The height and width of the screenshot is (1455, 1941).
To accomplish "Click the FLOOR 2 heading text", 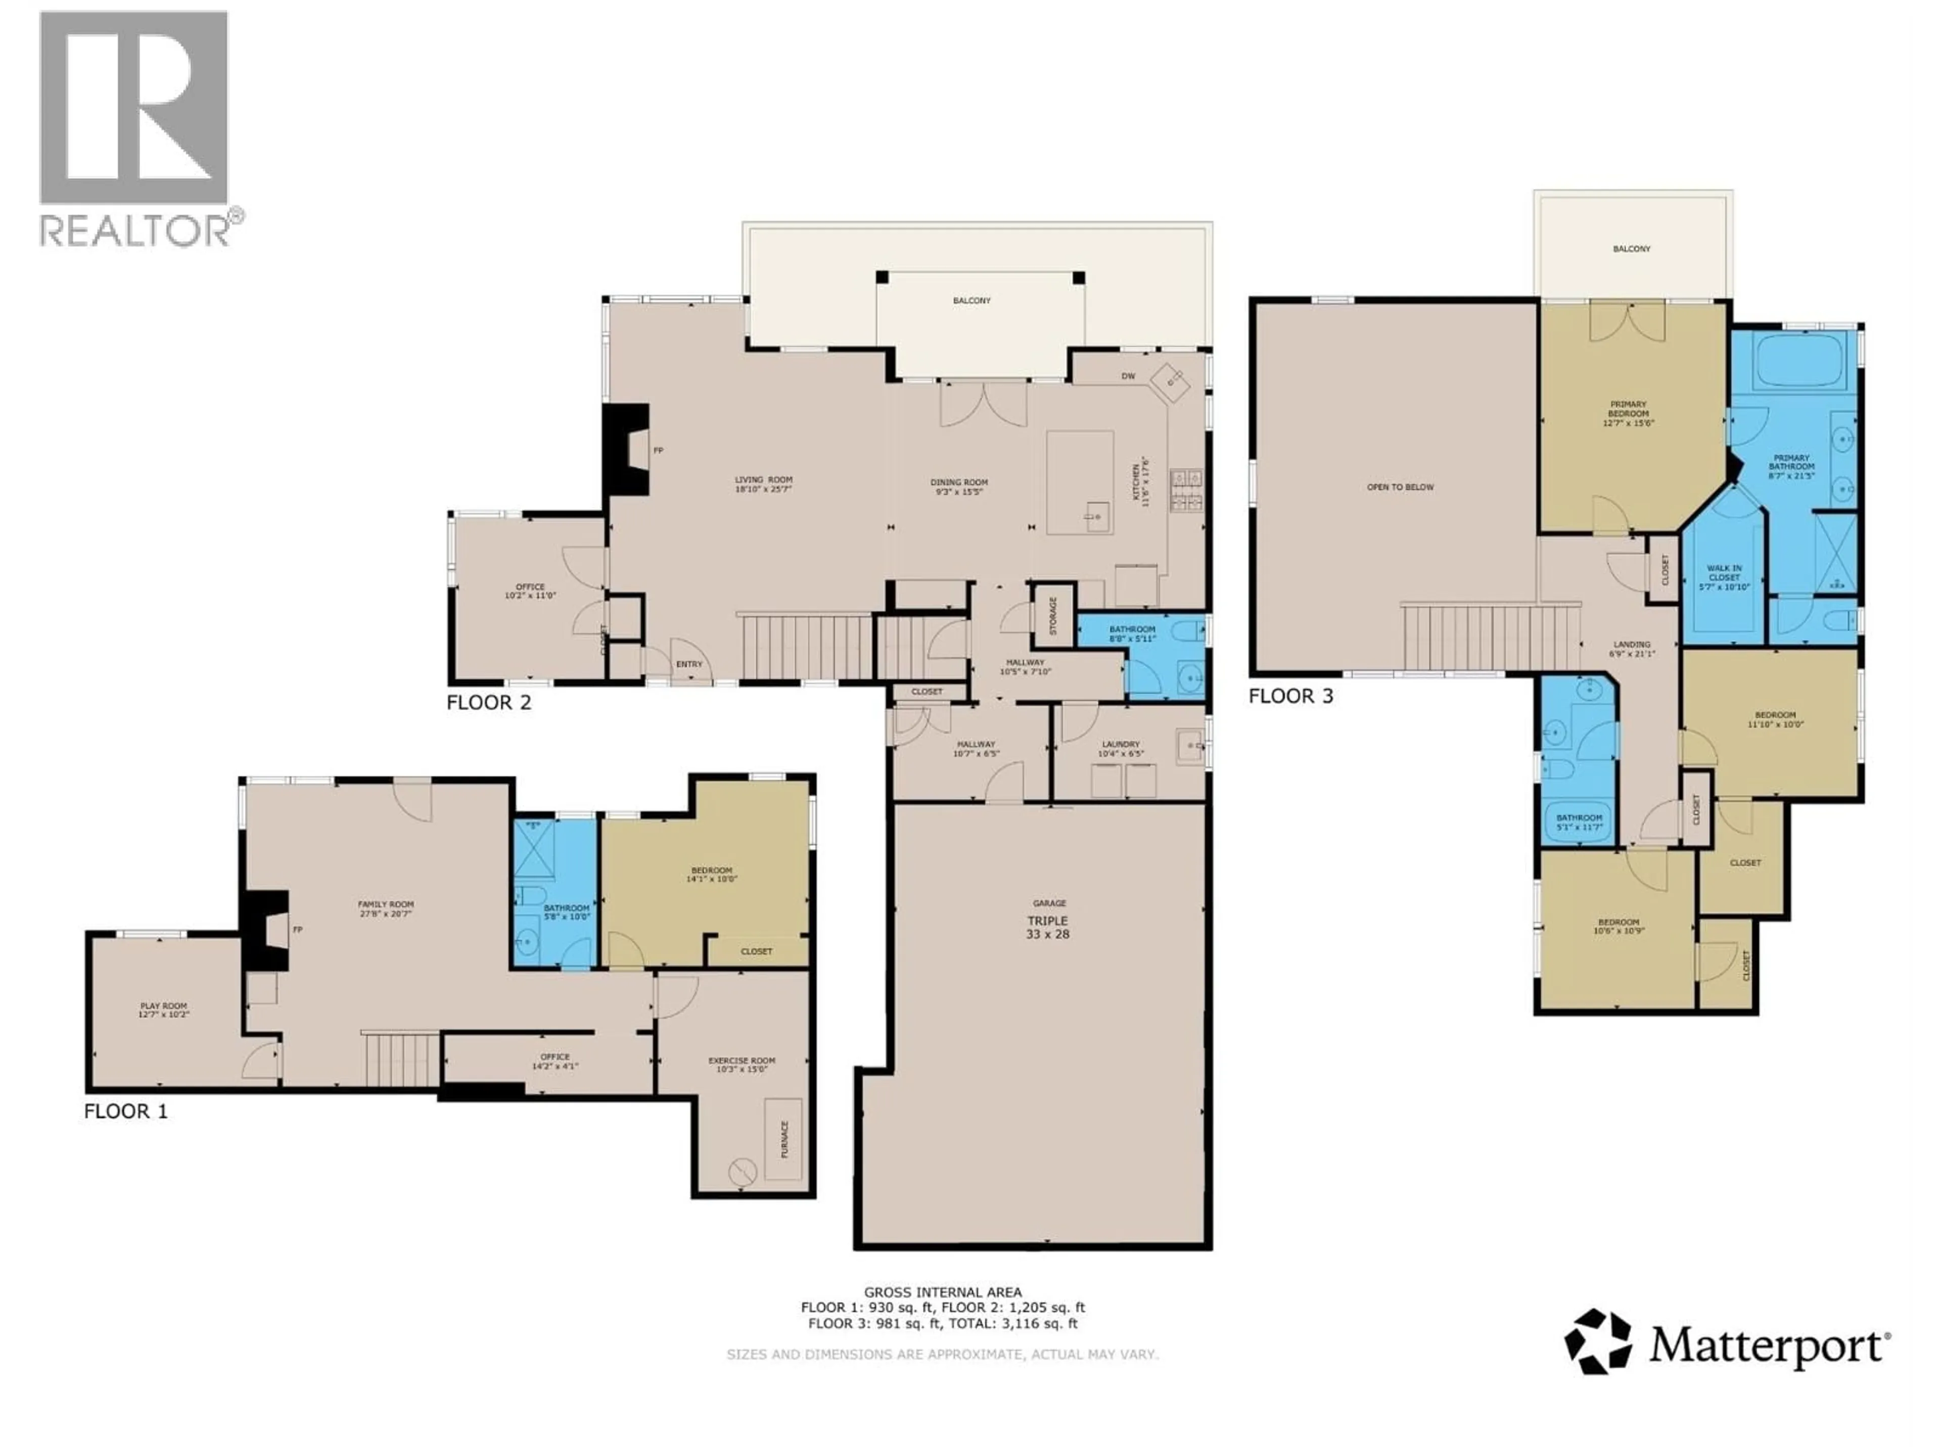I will (x=489, y=703).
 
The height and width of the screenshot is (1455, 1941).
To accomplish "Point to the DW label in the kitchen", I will (x=1128, y=376).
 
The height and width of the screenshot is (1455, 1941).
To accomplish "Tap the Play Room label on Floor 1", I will (x=164, y=1009).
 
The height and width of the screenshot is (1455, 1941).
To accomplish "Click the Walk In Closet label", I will (x=1724, y=577).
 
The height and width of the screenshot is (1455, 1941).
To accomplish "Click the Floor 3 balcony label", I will (x=1631, y=249).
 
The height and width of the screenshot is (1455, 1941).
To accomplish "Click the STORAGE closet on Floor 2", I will (x=1053, y=616).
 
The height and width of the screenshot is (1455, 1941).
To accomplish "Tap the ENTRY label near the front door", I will (x=689, y=664).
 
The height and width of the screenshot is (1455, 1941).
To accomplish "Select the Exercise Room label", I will (x=742, y=1064).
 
